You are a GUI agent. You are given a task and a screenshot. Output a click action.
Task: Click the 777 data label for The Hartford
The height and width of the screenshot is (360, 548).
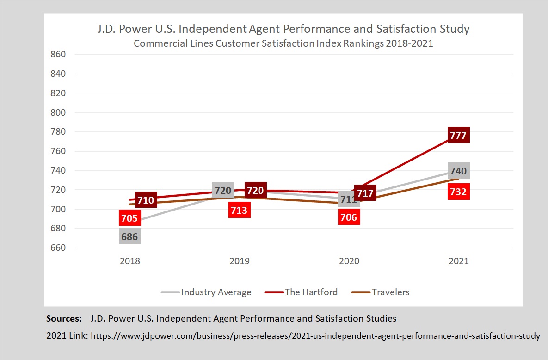coord(458,136)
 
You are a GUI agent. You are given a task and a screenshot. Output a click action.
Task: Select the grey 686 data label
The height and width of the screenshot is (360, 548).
coord(129,237)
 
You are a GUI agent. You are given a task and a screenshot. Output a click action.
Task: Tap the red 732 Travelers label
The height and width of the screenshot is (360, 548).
coord(458,191)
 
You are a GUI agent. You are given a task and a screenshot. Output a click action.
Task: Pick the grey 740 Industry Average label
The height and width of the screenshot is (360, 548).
coord(458,171)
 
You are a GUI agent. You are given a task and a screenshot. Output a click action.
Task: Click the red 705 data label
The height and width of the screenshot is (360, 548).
coord(129,217)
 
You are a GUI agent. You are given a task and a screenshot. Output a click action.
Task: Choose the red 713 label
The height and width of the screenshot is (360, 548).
coord(240,211)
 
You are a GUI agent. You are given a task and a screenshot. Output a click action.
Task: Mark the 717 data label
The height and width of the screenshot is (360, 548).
coord(365,193)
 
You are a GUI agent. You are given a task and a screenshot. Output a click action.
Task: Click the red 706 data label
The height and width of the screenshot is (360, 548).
coord(349,217)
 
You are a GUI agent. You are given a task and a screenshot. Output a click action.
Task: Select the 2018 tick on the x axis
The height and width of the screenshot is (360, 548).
coord(129,261)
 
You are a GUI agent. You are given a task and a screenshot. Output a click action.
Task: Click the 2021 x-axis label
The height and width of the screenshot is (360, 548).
coord(458,261)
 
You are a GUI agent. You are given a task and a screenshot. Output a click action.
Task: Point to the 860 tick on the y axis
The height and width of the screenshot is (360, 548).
coord(58,55)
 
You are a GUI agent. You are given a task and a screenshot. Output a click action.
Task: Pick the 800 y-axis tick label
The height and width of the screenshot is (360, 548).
coord(58,112)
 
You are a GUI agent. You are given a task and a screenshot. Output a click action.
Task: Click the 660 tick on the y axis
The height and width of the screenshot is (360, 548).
coord(58,248)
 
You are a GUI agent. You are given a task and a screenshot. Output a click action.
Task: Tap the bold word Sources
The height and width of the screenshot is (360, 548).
coord(64,319)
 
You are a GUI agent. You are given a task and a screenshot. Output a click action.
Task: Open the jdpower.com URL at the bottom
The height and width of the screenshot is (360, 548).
coord(315,336)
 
